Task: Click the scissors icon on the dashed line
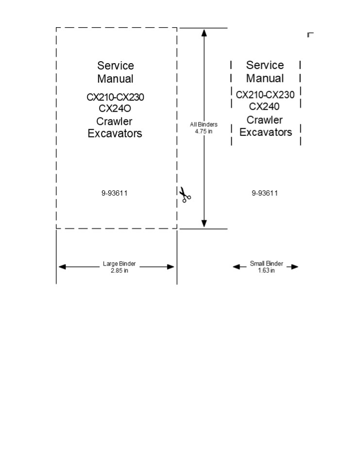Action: tap(185, 194)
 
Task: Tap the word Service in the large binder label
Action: tap(115, 66)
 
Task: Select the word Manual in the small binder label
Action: tap(265, 78)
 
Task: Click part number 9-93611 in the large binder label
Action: tap(115, 193)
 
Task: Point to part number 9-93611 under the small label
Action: tap(265, 193)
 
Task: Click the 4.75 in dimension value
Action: tap(204, 132)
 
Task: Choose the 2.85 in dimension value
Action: tap(120, 270)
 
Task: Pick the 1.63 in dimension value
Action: tap(266, 270)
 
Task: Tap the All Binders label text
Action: tap(204, 125)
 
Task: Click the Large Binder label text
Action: tap(120, 264)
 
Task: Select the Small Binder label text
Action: tap(266, 264)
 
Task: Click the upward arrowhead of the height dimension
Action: tap(204, 33)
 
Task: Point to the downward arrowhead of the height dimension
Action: tap(204, 224)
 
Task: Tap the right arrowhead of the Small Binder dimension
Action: tap(295, 266)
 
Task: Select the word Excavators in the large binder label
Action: tap(115, 133)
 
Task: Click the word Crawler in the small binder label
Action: tap(265, 120)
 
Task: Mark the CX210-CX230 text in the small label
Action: tap(265, 95)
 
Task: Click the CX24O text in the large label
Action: tap(115, 109)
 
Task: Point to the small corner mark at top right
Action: tap(310, 34)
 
